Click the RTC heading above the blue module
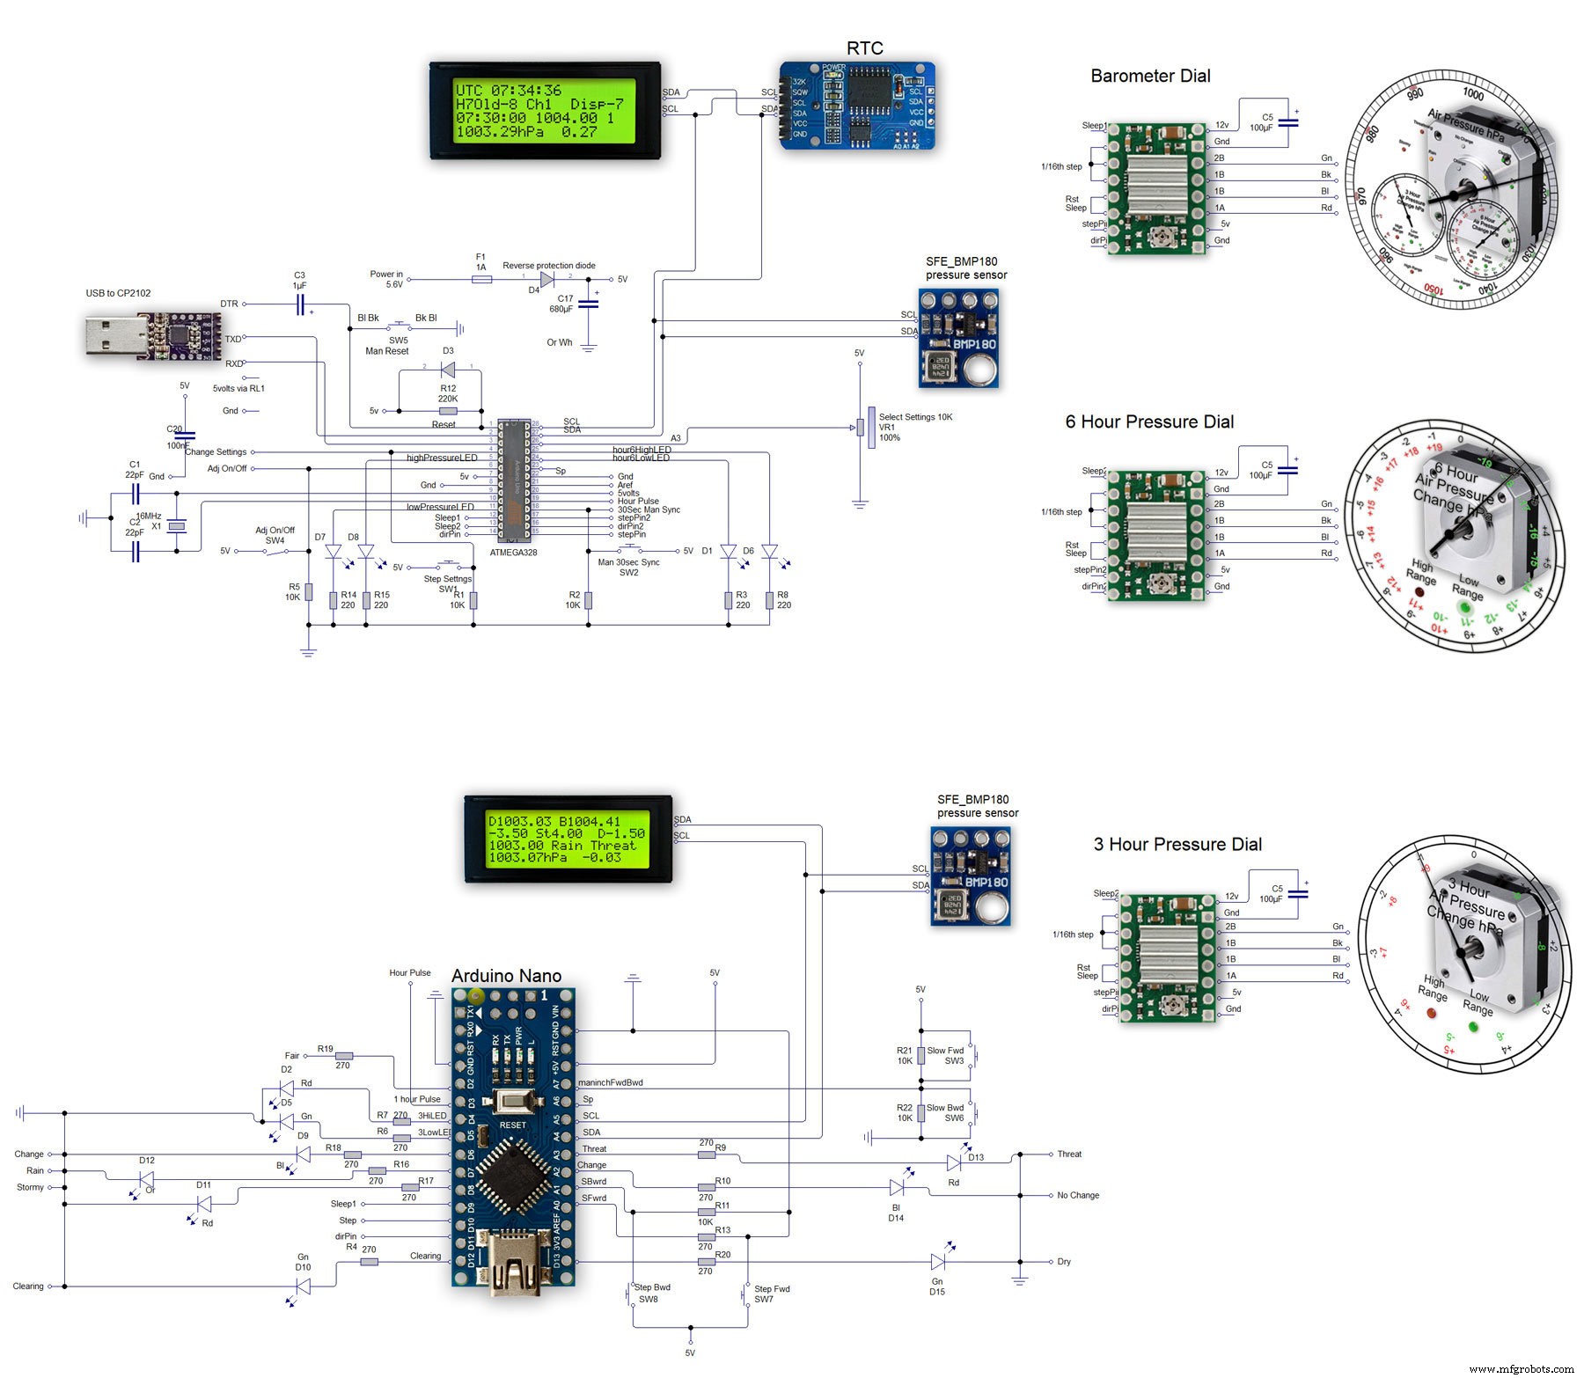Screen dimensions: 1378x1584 pyautogui.click(x=864, y=48)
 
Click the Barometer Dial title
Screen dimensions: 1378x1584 pyautogui.click(x=1150, y=77)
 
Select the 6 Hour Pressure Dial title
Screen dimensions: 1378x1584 pyautogui.click(x=1149, y=422)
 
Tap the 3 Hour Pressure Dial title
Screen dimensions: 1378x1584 pyautogui.click(x=1177, y=845)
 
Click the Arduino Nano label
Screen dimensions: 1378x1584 pyautogui.click(x=506, y=976)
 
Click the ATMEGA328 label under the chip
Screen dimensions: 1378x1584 pyautogui.click(x=513, y=553)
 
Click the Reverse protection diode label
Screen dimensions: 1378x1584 pyautogui.click(x=548, y=265)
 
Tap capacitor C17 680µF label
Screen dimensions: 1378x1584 pyautogui.click(x=561, y=304)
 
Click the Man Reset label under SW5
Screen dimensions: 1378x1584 pyautogui.click(x=387, y=351)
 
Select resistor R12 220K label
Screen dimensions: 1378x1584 pyautogui.click(x=448, y=393)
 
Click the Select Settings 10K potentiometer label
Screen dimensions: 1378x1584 pyautogui.click(x=915, y=417)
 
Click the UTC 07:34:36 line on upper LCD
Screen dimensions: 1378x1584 pyautogui.click(x=508, y=91)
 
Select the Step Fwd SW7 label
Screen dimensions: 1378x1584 pyautogui.click(x=771, y=1294)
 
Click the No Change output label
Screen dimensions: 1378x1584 pyautogui.click(x=1078, y=1196)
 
